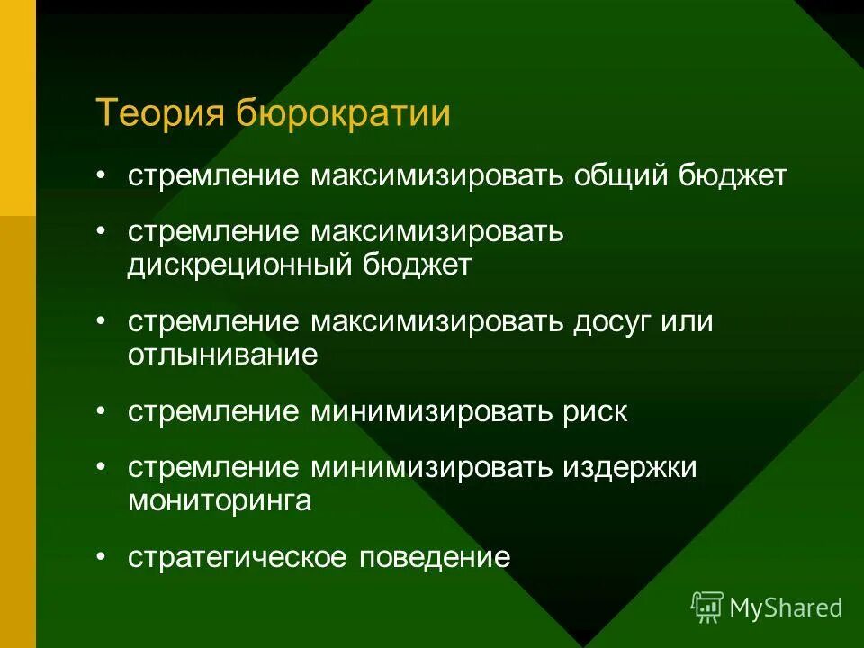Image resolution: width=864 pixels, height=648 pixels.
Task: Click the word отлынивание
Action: [x=223, y=355]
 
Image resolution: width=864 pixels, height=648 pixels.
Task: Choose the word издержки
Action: [x=630, y=468]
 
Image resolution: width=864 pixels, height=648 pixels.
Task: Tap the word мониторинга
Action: [x=220, y=500]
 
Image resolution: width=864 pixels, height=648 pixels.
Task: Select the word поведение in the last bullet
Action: [x=435, y=557]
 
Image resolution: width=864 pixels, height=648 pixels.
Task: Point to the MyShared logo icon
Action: [x=707, y=607]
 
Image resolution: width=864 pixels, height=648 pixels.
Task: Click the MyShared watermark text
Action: [x=786, y=608]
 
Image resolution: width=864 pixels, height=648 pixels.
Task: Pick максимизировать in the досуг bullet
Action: [x=438, y=322]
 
